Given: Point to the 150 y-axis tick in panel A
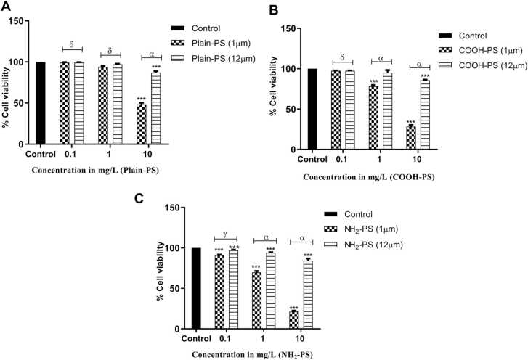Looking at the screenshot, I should [x=23, y=21].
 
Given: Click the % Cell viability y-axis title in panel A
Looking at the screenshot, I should [x=7, y=83].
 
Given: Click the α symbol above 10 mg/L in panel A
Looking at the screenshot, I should [x=151, y=52].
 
